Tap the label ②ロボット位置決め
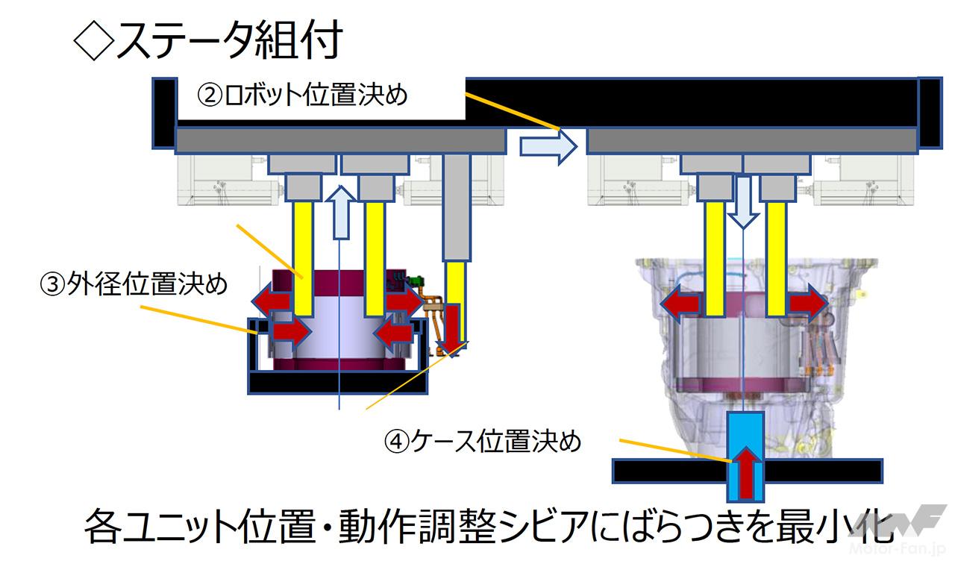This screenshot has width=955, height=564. coord(302,95)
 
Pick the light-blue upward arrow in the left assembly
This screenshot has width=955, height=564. coord(341,211)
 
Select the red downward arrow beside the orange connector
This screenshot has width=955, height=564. coord(454,327)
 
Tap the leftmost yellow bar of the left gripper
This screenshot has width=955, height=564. coord(303,257)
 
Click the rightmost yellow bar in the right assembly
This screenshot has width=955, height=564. coord(776,257)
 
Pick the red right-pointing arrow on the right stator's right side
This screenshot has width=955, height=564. coord(809,304)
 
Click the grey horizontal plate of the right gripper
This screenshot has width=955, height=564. coord(752,140)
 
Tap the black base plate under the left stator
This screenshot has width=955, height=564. coord(339,383)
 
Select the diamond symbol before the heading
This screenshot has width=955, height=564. coord(93,41)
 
